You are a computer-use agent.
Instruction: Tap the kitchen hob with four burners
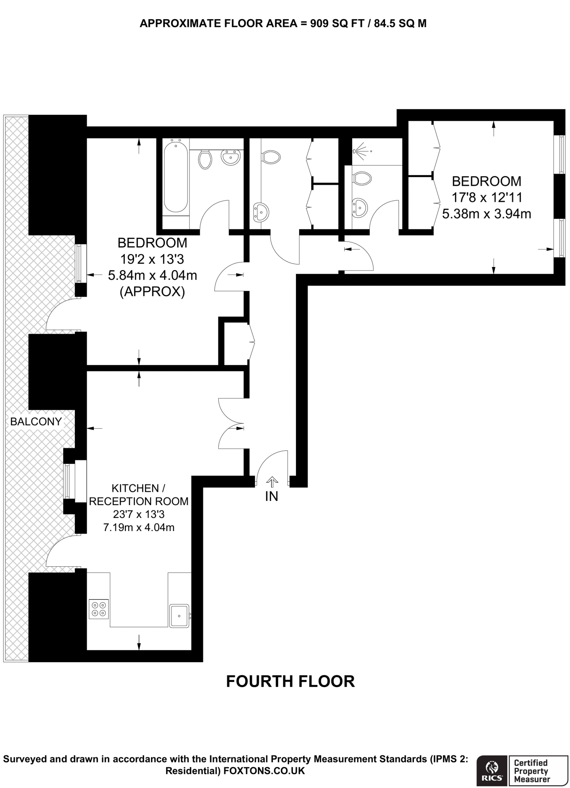click(x=99, y=609)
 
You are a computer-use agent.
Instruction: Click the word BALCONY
click(x=36, y=422)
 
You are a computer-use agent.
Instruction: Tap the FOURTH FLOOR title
click(x=290, y=681)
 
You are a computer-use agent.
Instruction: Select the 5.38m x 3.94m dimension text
click(x=487, y=214)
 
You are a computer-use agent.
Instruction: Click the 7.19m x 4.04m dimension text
click(x=139, y=527)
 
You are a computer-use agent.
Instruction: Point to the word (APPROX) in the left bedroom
click(x=152, y=292)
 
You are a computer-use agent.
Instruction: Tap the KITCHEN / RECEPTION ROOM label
click(x=139, y=495)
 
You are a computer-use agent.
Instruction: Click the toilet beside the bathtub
click(x=206, y=159)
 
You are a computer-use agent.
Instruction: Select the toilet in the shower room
click(x=362, y=179)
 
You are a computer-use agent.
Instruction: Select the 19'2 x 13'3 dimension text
click(x=152, y=259)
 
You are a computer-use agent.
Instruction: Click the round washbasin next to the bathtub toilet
click(x=231, y=157)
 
